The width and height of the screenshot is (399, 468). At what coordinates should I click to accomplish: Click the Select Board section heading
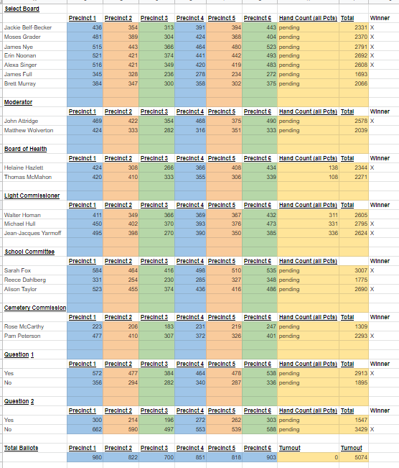[x=22, y=9]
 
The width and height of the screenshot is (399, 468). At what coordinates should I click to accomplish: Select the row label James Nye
[x=19, y=47]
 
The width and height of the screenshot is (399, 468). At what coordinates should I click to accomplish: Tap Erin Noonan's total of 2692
[x=361, y=55]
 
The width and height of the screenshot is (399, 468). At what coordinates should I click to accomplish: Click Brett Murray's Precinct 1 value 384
[x=97, y=83]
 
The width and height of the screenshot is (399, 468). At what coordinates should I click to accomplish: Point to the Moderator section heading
[x=18, y=102]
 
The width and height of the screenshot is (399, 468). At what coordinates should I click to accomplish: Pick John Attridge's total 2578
[x=361, y=121]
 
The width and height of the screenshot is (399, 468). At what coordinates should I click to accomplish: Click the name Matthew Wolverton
[x=29, y=130]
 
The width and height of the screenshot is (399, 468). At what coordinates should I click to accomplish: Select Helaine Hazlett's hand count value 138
[x=333, y=168]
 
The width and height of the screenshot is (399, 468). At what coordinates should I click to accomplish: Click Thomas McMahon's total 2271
[x=361, y=177]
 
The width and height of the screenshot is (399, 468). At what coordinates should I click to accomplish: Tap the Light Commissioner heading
[x=32, y=196]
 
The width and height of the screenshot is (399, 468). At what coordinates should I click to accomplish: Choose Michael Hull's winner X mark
[x=372, y=224]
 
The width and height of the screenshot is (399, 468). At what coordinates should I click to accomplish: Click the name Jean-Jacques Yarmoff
[x=33, y=233]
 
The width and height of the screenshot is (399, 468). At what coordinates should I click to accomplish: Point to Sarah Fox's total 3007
[x=361, y=270]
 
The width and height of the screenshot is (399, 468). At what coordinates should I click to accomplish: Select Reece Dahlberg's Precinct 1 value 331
[x=97, y=280]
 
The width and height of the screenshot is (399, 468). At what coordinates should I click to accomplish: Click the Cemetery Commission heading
[x=35, y=308]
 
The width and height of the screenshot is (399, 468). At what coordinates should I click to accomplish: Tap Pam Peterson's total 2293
[x=361, y=336]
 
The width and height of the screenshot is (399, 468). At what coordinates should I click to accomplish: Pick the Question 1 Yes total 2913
[x=361, y=373]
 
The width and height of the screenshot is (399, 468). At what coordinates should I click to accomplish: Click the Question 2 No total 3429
[x=361, y=429]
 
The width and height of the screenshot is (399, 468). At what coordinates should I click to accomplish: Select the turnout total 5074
[x=361, y=457]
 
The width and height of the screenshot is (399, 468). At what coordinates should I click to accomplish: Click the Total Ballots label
[x=21, y=448]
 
